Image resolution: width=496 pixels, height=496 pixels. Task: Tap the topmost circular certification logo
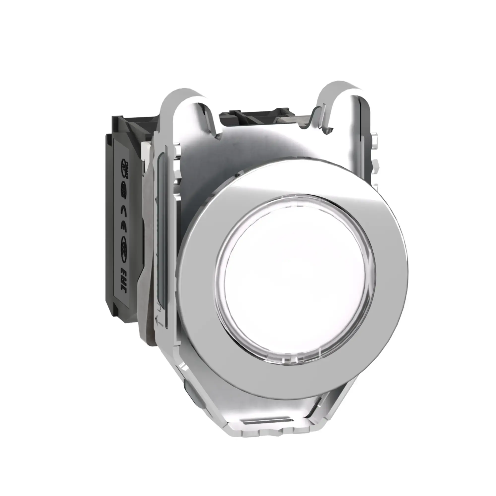[125, 169]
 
